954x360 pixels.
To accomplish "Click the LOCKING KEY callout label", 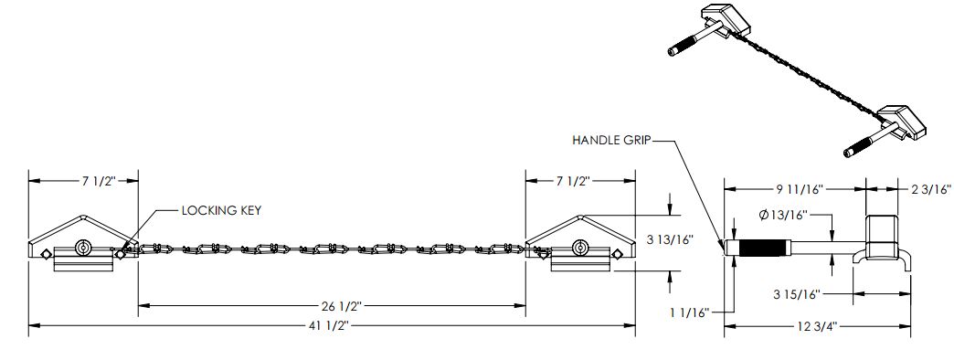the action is pyautogui.click(x=221, y=210).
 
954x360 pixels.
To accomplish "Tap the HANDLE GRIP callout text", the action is pyautogui.click(x=612, y=141).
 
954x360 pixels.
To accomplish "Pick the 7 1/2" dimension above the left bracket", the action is pyautogui.click(x=99, y=181).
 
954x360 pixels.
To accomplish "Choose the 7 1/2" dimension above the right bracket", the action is pyautogui.click(x=573, y=181).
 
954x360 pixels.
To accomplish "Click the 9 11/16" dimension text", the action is pyautogui.click(x=800, y=189).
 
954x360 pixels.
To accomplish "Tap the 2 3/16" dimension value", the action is pyautogui.click(x=930, y=189).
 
